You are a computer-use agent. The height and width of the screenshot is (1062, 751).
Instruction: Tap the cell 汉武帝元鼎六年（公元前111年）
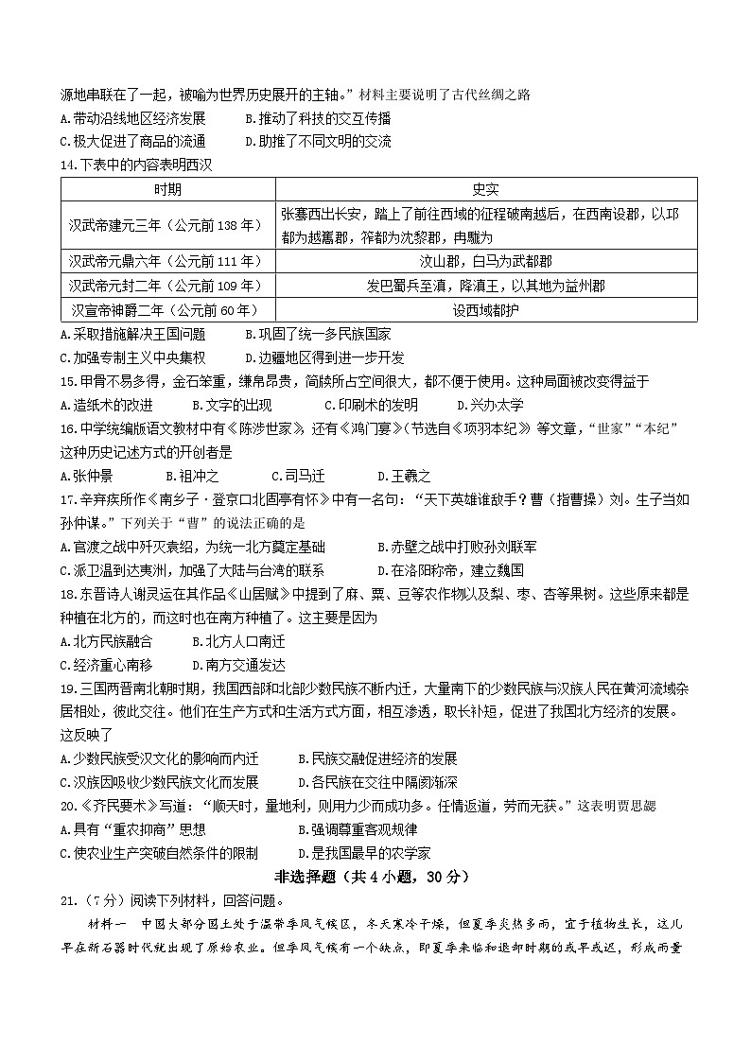(x=166, y=261)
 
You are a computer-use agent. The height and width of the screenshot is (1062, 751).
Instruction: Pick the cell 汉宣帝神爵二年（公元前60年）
(x=166, y=309)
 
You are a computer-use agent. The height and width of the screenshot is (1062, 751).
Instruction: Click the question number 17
(x=66, y=499)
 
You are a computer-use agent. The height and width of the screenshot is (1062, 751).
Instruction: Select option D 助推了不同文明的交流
(x=318, y=142)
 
